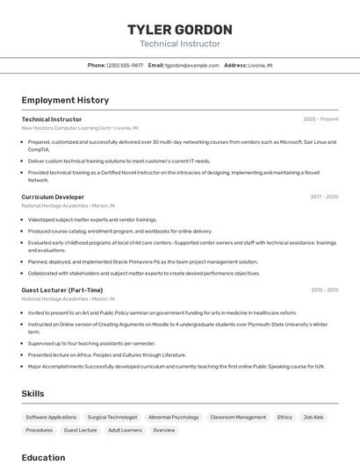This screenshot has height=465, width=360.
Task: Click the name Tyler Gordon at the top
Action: pos(179,30)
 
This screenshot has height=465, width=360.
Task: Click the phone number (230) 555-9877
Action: pos(125,65)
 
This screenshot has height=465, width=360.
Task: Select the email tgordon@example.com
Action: pos(192,65)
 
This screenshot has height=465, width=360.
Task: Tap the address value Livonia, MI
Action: pos(261,65)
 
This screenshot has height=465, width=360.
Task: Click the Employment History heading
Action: pos(65,100)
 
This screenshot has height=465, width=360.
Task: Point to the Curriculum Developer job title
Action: pos(53,197)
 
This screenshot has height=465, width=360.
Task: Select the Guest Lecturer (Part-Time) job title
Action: pos(61,290)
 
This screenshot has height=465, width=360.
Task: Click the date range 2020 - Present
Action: pos(320,119)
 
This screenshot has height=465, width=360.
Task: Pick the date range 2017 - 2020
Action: pos(324,197)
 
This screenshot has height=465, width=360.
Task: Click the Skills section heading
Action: pos(32,394)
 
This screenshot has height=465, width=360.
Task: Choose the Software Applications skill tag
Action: pos(51,418)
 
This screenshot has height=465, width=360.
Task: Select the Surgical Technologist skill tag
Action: pos(112,418)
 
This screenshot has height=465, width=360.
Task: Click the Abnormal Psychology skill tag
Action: pos(174,418)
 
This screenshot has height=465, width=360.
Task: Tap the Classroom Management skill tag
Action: pos(238,418)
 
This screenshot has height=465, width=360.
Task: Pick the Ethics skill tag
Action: pos(284,418)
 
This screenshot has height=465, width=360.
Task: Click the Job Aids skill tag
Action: pos(313,418)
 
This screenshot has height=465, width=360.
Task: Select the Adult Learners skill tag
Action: pos(125,431)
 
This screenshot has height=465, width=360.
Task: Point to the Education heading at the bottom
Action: pos(43,457)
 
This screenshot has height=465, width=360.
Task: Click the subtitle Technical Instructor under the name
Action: pos(179,44)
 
